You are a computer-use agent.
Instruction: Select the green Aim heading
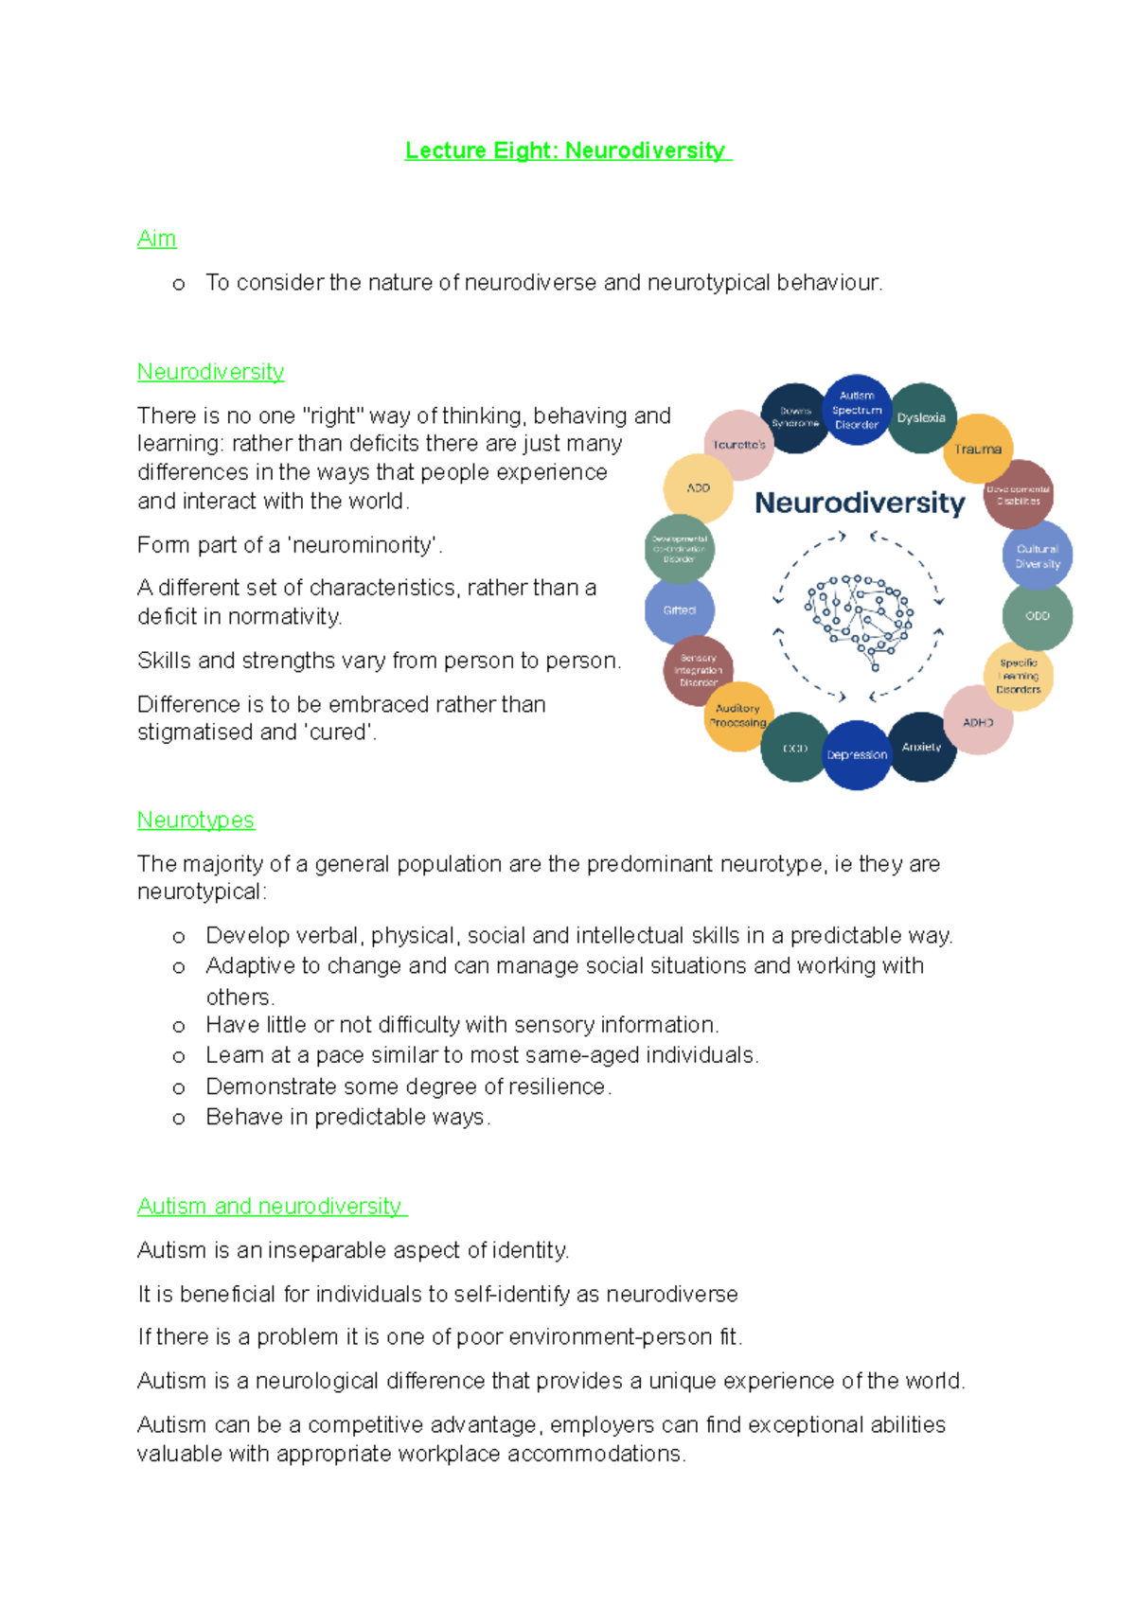click(156, 238)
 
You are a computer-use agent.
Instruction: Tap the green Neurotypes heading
click(196, 820)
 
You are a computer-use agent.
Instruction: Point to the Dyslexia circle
click(921, 418)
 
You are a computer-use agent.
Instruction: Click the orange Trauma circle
click(978, 449)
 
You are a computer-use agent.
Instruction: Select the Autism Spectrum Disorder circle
click(857, 411)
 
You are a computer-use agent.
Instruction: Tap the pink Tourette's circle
click(739, 445)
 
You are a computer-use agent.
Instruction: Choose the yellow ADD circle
click(699, 488)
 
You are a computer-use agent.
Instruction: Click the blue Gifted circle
click(680, 610)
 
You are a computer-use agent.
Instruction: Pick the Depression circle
click(857, 754)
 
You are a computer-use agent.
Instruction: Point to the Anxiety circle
click(921, 747)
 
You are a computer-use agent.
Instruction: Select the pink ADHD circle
click(978, 722)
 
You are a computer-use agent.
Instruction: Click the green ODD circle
click(1038, 616)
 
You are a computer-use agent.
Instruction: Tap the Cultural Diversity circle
click(1038, 556)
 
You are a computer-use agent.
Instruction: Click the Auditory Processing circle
click(738, 715)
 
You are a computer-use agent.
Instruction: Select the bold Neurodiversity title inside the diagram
click(860, 503)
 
